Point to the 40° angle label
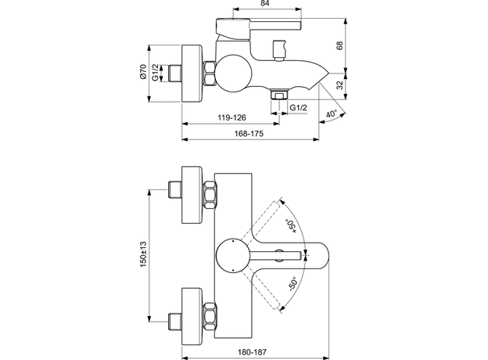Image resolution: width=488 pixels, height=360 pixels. [x=332, y=114]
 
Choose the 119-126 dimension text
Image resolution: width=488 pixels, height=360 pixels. [x=231, y=117]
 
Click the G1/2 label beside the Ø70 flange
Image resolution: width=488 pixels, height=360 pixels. [x=156, y=74]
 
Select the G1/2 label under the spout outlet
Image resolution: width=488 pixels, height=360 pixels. [x=298, y=106]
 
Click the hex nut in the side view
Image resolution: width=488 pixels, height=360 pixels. [x=209, y=74]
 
